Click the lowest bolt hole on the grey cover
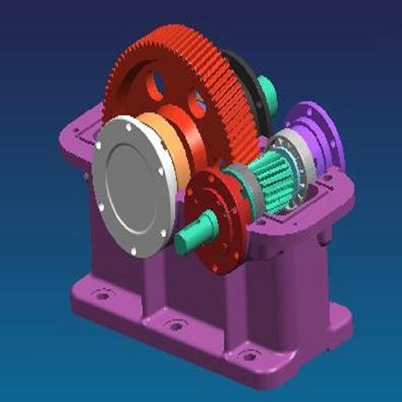pyautogui.click(x=134, y=251)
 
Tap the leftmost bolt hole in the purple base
pyautogui.click(x=102, y=294)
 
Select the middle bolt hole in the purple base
pyautogui.click(x=175, y=325)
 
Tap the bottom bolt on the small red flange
pyautogui.click(x=215, y=267)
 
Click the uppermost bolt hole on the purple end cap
pyautogui.click(x=309, y=113)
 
